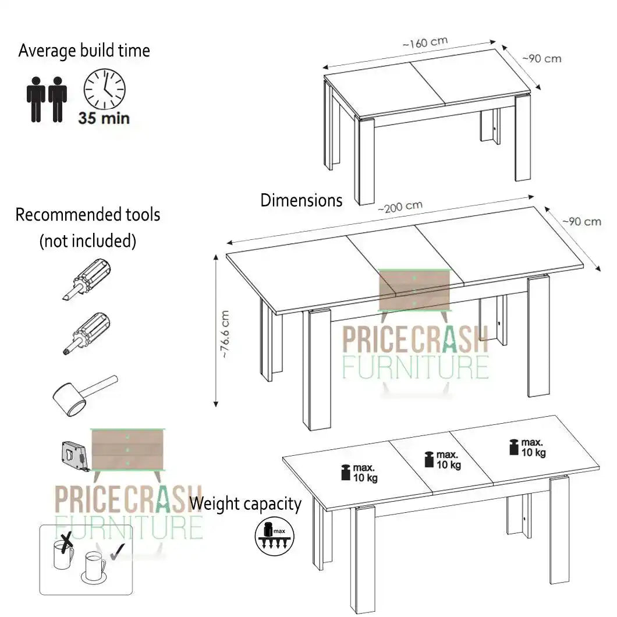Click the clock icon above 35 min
pos(105,89)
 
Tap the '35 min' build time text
pos(104,118)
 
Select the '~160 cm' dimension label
pos(425,42)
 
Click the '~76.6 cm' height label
pos(225,334)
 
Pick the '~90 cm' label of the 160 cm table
pos(541,59)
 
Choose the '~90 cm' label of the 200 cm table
pos(581,222)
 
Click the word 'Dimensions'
pos(302,200)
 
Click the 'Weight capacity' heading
pos(246,503)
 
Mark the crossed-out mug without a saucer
pos(63,552)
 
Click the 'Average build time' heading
pos(84,51)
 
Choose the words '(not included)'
pos(88,240)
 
